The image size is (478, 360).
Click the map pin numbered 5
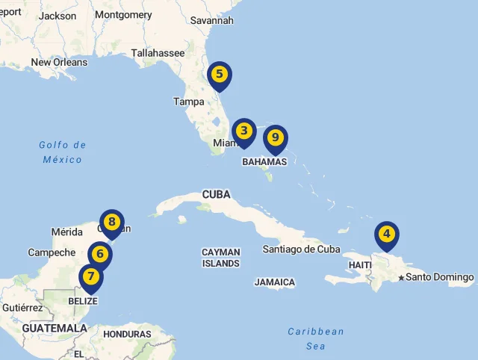tap(219, 75)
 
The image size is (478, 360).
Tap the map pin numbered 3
tap(243, 131)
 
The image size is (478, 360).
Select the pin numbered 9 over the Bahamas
tap(275, 138)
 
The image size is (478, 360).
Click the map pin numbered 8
tap(111, 222)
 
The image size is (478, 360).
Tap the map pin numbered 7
tap(91, 277)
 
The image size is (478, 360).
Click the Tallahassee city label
tap(158, 53)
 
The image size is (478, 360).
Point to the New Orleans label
tap(59, 63)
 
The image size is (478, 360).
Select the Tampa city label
tap(188, 102)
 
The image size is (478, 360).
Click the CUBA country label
tap(216, 195)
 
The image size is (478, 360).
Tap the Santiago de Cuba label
tap(301, 249)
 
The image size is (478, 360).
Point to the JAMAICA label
tap(274, 282)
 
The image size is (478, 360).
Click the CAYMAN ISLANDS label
tap(221, 258)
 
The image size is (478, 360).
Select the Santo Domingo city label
tap(440, 278)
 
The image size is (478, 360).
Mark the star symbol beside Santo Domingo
tap(401, 279)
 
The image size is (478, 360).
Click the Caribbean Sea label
tap(316, 338)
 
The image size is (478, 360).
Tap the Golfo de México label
tap(63, 152)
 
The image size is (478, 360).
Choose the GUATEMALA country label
tap(55, 328)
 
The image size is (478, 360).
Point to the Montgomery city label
tap(123, 15)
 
